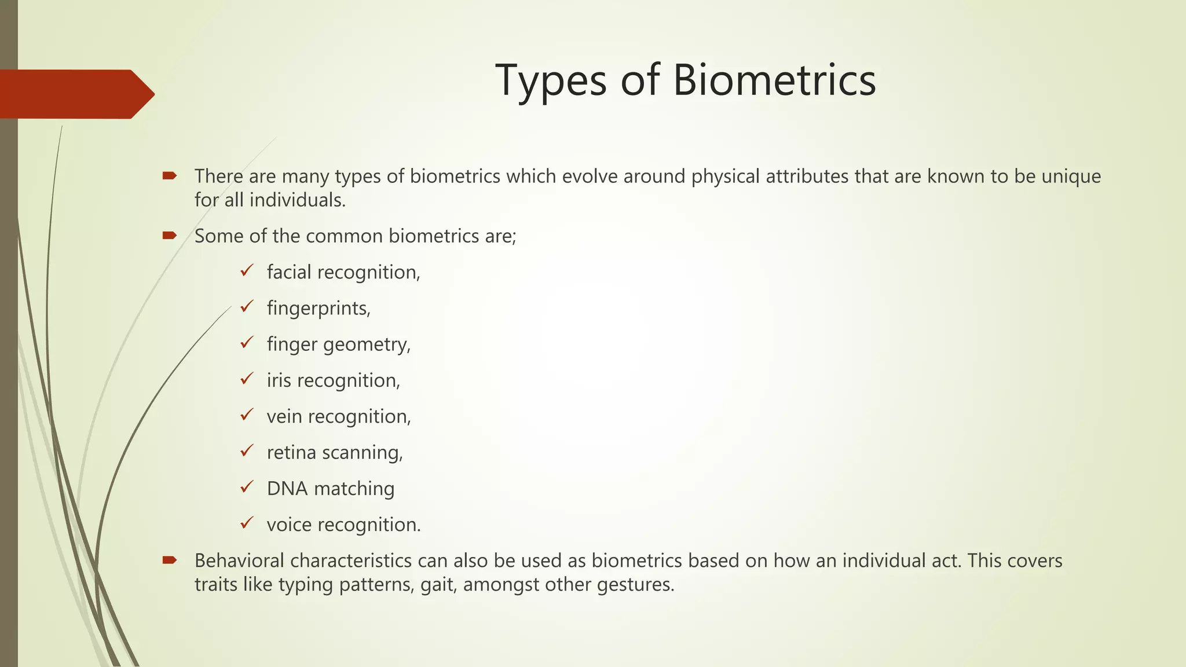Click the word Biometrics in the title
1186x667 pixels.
[x=774, y=80]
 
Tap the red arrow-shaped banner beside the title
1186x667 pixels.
[x=75, y=94]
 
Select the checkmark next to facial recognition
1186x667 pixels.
[x=247, y=270]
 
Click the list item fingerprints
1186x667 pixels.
[x=318, y=308]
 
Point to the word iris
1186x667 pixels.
[x=279, y=380]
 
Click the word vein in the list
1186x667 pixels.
[x=284, y=416]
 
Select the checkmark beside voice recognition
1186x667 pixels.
[x=247, y=523]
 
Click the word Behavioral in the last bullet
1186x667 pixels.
[x=239, y=560]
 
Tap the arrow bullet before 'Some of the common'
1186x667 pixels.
[x=169, y=235]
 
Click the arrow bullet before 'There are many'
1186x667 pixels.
[x=169, y=175]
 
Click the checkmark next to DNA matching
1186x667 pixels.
[x=247, y=487]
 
